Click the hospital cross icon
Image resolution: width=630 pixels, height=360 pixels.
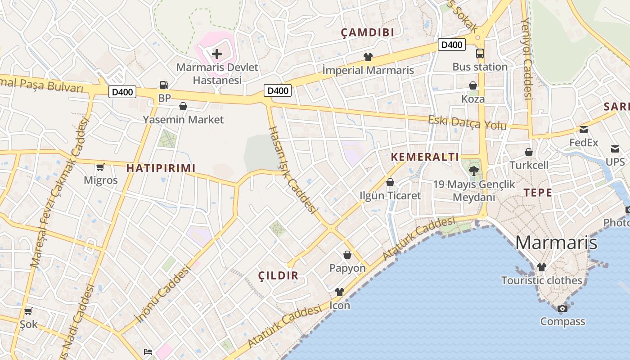coord(217,54)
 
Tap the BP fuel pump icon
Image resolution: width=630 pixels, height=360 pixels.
coord(164,85)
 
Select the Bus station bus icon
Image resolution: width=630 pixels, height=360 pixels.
coord(480,54)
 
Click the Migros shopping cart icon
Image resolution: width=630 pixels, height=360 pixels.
coord(100,167)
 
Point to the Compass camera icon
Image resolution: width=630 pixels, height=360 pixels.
coord(562,308)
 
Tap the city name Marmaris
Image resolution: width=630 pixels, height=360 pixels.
coord(556,243)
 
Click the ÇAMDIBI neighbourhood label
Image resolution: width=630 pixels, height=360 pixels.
coord(368,32)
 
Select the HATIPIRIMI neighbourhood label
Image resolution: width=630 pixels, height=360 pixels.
coord(161,168)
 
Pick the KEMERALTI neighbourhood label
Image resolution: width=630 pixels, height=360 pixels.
coord(425,157)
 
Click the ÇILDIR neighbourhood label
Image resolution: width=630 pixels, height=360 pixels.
coord(279,276)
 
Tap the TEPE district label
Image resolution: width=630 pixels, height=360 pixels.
coord(538,193)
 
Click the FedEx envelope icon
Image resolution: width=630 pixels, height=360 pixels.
coord(584,130)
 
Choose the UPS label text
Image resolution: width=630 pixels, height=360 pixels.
coord(615,162)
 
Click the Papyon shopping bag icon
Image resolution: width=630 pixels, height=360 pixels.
coord(347,255)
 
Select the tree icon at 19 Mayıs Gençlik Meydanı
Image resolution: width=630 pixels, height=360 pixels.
coord(473,171)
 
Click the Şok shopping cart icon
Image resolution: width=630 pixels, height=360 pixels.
coord(28,311)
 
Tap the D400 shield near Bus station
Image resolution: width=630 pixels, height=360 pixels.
coord(451,45)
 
